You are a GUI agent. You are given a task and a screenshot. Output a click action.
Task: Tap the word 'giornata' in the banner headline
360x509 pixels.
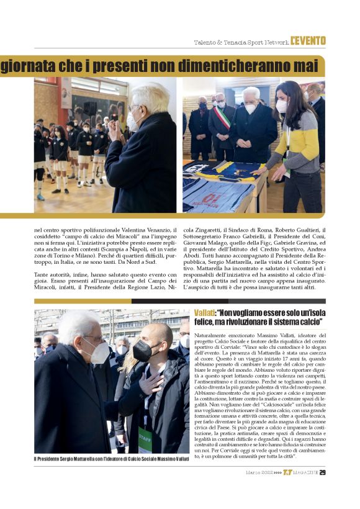25,66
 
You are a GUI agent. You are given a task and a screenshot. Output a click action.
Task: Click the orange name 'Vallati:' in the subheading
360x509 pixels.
204,315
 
